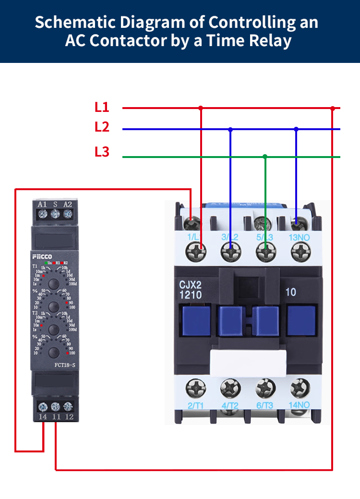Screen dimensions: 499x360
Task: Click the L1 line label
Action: tap(102, 108)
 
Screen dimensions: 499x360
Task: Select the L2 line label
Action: tap(102, 127)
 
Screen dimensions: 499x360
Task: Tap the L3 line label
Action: tap(102, 152)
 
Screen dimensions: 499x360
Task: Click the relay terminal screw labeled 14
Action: tap(43, 406)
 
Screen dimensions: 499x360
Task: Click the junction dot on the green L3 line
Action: tap(265, 157)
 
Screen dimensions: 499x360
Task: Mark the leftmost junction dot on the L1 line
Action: tap(201, 108)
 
